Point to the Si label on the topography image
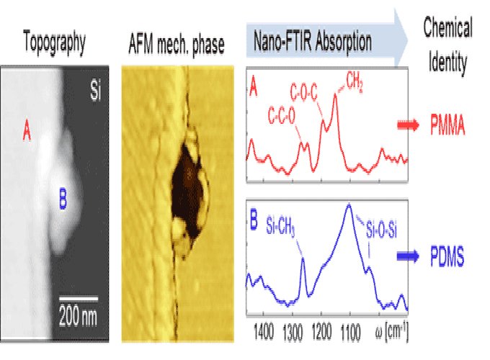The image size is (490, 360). (x=96, y=91)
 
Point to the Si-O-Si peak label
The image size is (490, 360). (x=381, y=230)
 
